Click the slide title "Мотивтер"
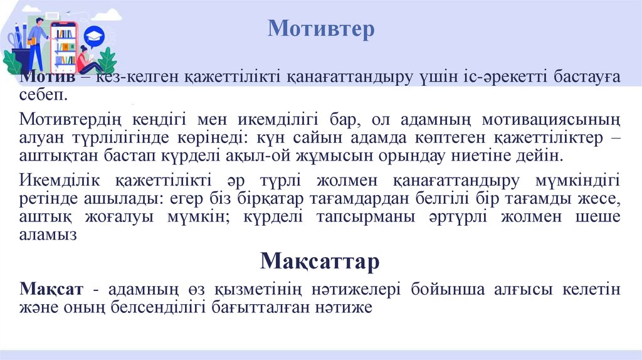321,29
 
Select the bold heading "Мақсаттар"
320,260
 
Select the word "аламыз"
48,235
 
